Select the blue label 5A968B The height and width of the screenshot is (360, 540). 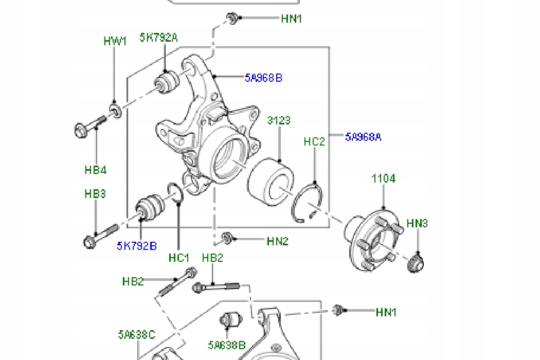263,78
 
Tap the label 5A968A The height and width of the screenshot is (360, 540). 363,137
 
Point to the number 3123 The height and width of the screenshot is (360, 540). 279,120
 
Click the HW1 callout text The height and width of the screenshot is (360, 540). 115,41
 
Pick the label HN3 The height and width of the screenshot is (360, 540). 417,223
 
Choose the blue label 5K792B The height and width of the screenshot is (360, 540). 136,246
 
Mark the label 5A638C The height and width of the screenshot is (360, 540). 136,335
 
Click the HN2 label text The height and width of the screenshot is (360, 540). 278,241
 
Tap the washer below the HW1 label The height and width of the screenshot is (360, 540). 115,110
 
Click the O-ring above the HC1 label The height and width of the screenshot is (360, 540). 175,194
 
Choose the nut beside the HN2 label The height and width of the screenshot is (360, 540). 226,238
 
